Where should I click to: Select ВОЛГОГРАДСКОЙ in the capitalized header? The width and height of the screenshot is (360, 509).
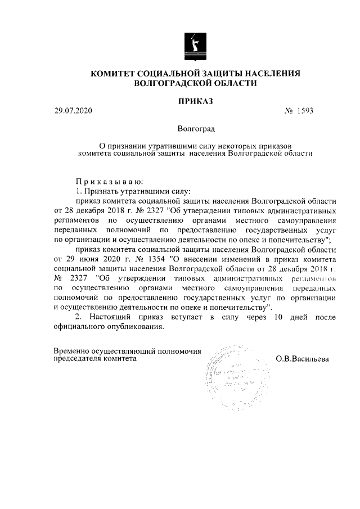coord(173,83)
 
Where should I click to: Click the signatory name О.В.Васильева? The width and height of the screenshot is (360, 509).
coord(302,357)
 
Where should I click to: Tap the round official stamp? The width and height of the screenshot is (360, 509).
coord(224,378)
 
